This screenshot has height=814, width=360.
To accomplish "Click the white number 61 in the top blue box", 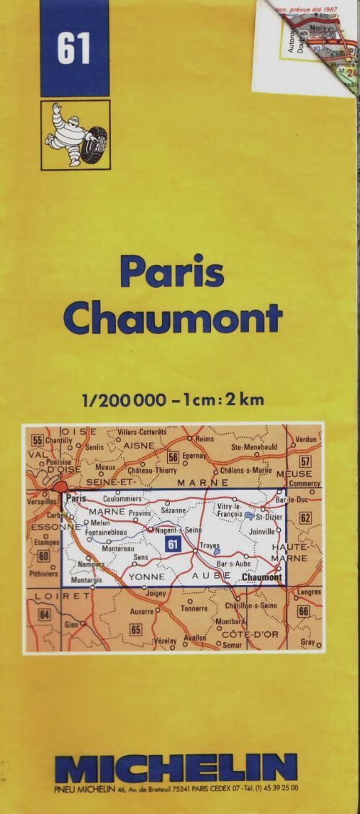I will (74, 50).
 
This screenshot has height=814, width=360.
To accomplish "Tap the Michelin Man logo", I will (74, 135).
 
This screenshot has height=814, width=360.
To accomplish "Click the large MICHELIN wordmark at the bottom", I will (176, 768).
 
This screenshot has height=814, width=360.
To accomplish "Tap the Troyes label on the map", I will (210, 546).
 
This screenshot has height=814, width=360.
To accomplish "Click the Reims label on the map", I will (204, 438).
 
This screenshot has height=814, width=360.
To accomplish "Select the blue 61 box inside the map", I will (172, 544).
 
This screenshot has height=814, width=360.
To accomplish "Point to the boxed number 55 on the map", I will (37, 440).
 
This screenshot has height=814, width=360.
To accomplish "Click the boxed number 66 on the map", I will (303, 611).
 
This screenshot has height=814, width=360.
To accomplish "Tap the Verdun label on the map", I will (306, 439).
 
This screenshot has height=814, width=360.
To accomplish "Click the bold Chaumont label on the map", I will (261, 577).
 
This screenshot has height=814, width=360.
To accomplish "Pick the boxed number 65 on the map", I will (135, 629).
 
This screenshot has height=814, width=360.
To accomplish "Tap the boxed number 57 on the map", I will (305, 461).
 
